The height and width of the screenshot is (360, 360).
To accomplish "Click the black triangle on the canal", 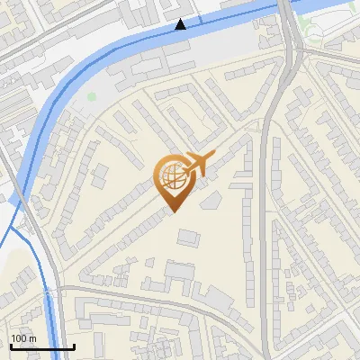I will point(182,24).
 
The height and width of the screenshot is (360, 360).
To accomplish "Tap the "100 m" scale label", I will point(22,337).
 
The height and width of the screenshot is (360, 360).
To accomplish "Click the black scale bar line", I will point(41,346).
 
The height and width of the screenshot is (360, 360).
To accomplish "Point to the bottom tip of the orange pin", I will point(172,212).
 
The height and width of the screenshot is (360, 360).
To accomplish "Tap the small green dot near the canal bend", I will point(92,96).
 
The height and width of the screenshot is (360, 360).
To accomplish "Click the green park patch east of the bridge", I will point(315,34).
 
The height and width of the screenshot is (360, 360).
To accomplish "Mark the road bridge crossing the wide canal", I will point(287,11).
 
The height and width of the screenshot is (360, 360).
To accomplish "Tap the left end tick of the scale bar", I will point(10,345).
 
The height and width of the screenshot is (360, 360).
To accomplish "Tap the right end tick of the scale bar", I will point(74,345).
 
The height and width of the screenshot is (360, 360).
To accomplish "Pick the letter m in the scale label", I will point(31,337).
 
